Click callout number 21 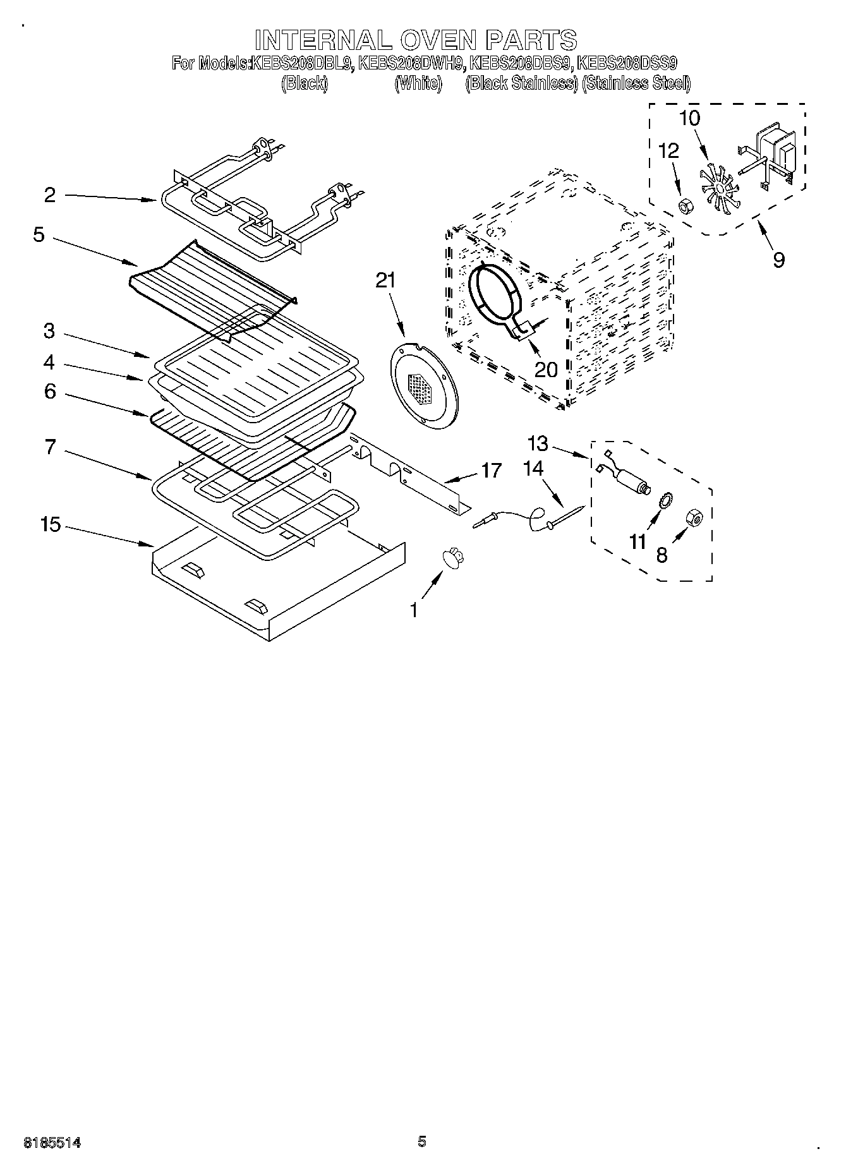pyautogui.click(x=385, y=280)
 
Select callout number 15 pyautogui.click(x=51, y=524)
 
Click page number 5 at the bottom pyautogui.click(x=422, y=1141)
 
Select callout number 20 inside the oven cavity pyautogui.click(x=546, y=369)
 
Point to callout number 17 pyautogui.click(x=491, y=470)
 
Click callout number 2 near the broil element pyautogui.click(x=50, y=195)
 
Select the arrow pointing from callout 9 pyautogui.click(x=766, y=234)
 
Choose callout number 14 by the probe pyautogui.click(x=533, y=468)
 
